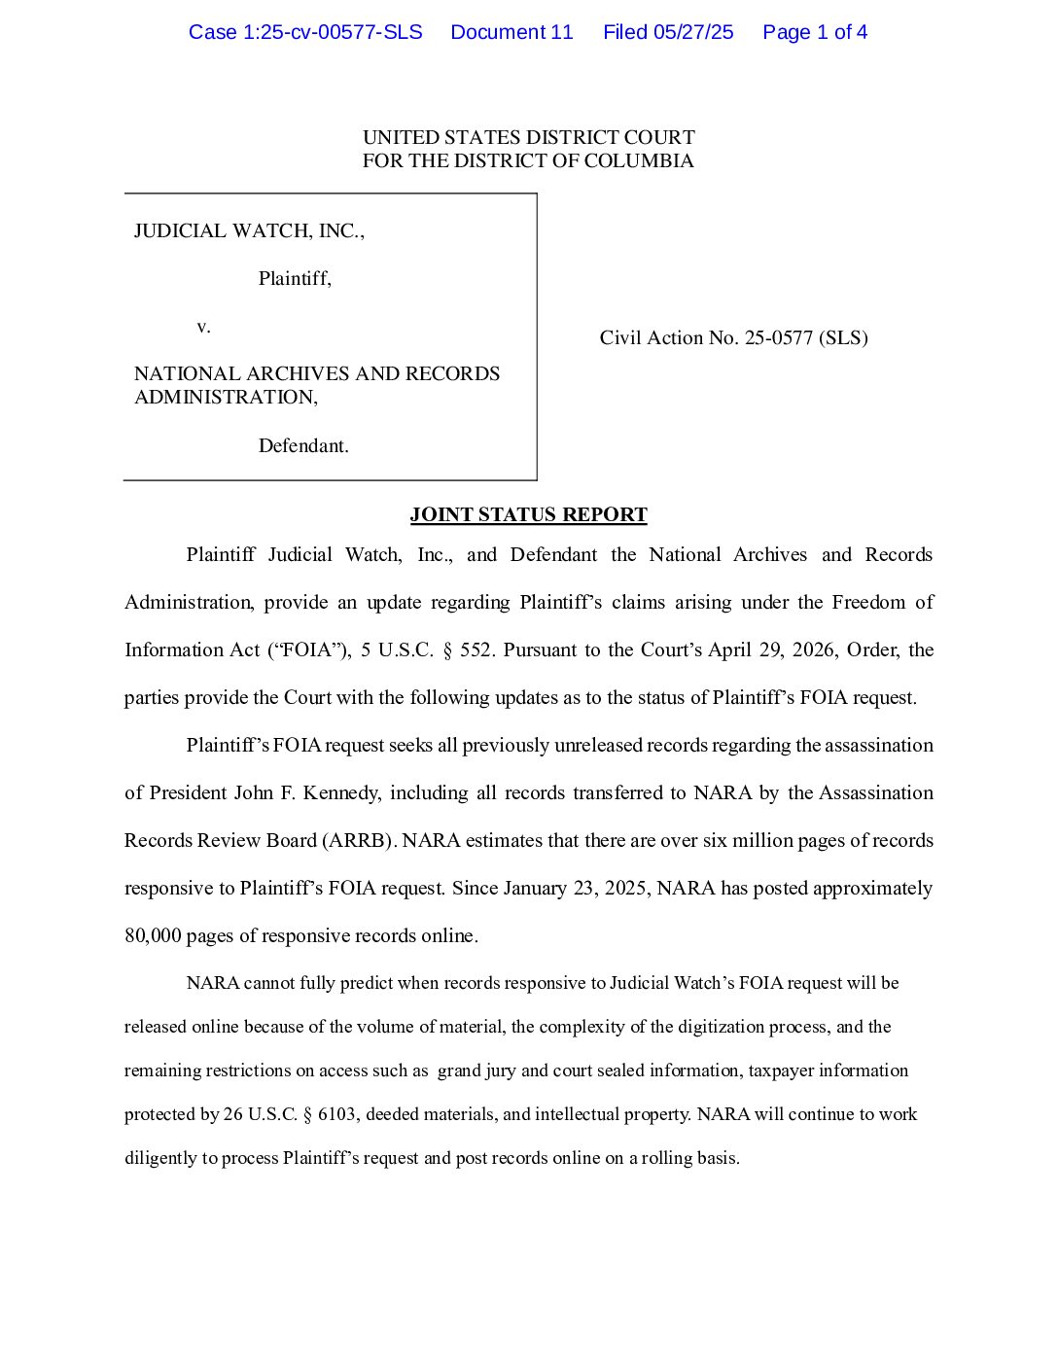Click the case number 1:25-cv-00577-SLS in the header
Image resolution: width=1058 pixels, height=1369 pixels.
[x=305, y=32]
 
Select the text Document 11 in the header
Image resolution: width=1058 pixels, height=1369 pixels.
[x=511, y=32]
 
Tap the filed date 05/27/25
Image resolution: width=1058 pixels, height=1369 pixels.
[x=693, y=32]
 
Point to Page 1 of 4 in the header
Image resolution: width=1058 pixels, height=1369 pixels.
[x=815, y=32]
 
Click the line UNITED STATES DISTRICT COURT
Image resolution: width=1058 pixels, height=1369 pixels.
[x=528, y=137]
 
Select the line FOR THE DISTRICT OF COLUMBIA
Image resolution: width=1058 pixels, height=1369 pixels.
[x=528, y=160]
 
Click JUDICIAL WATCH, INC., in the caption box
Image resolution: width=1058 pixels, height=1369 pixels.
[x=249, y=230]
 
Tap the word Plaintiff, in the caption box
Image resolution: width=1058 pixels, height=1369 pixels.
[x=295, y=278]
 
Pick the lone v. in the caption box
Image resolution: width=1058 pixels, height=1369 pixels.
[x=203, y=326]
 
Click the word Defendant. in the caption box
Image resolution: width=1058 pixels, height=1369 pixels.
[x=303, y=445]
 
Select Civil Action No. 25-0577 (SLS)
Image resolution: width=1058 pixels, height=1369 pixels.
[x=733, y=337]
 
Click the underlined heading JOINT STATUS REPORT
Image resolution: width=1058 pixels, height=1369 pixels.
[x=528, y=514]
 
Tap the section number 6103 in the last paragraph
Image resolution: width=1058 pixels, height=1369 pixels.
[x=336, y=1114]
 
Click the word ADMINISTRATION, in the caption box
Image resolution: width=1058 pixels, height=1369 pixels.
[x=226, y=397]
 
